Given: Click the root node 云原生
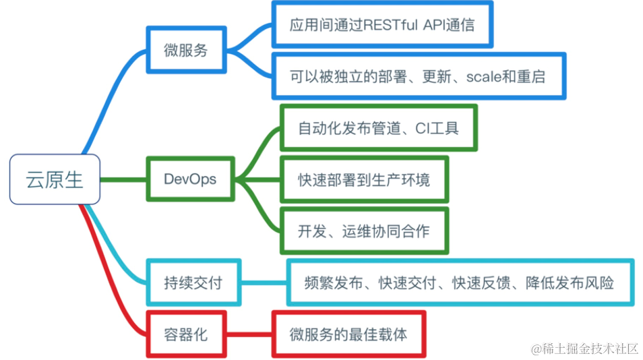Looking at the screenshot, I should pos(55,179).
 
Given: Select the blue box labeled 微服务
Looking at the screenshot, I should pos(185,50).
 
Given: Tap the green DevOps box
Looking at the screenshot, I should pos(190,179).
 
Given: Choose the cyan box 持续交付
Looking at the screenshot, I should pos(193,282).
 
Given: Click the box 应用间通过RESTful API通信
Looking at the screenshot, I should pos(381,26).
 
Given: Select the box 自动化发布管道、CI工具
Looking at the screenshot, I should pos(378,127).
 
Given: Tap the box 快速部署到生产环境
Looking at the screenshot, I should pos(364,180).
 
